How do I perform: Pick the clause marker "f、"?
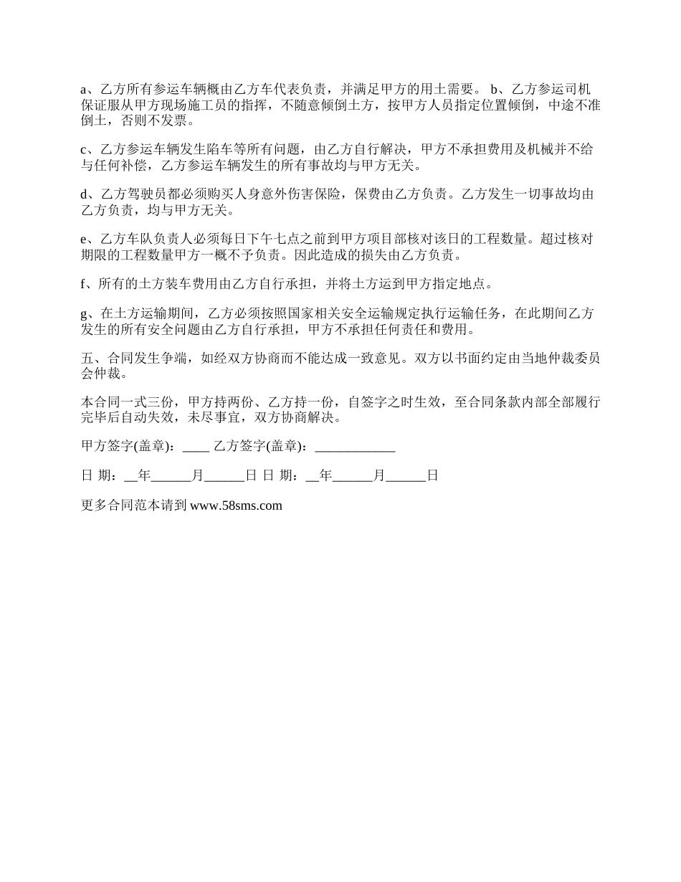(x=87, y=285)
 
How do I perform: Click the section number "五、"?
(x=91, y=359)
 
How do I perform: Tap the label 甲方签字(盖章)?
(x=127, y=447)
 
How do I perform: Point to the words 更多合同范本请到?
(x=134, y=506)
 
